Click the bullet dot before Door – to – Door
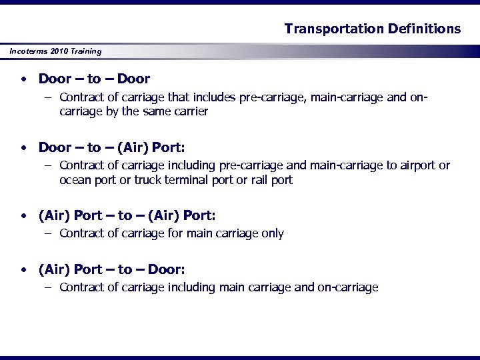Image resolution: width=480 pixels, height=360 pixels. coord(23,79)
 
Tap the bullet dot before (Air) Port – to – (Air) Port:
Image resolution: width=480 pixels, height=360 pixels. coord(23,215)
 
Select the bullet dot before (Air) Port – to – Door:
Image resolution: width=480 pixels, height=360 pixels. coord(23,270)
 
